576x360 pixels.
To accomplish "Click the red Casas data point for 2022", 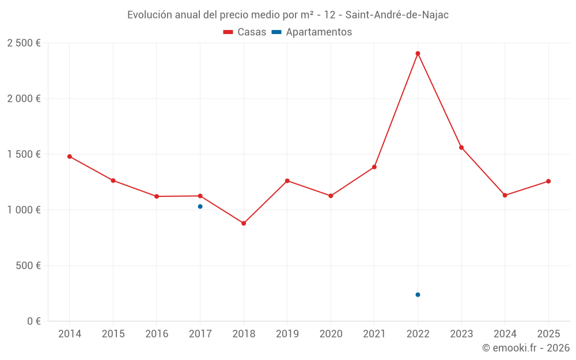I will [418, 54].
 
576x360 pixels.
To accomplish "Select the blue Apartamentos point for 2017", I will [200, 206].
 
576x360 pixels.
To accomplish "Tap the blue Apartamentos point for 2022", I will [418, 294].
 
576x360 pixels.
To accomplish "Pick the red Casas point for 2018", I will [244, 223].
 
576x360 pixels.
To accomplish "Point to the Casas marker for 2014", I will [70, 156].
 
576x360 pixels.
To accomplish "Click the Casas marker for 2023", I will [461, 147].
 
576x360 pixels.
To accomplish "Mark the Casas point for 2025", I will [548, 181].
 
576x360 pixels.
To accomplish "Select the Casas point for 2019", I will [287, 181].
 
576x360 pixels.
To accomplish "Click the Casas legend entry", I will [245, 32].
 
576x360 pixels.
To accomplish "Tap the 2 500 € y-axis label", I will [24, 43].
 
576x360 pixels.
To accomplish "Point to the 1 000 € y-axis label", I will [24, 210].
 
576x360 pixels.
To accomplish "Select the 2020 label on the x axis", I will [331, 334].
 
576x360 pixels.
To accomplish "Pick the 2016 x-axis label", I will [157, 334].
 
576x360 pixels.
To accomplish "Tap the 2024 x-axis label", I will [505, 334].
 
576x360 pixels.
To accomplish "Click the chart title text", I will [288, 15].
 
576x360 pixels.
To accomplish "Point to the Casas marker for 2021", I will [374, 167].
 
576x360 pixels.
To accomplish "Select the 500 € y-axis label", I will [28, 266].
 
